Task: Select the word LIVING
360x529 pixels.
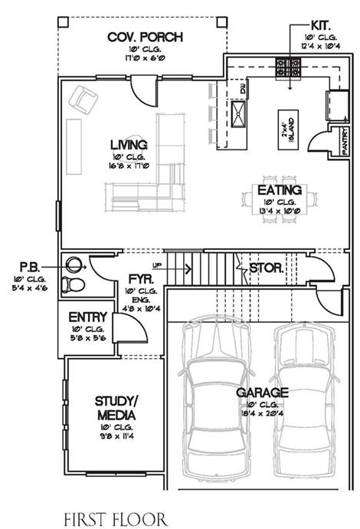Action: coord(128,144)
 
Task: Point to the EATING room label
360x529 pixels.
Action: coord(279,189)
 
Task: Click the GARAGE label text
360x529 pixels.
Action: coord(263,393)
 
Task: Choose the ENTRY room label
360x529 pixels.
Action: coord(87,317)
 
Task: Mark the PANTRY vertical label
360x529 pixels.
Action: coord(345,140)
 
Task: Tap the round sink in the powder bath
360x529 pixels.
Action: coord(74,265)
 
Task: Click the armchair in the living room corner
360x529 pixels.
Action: coord(83,99)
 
